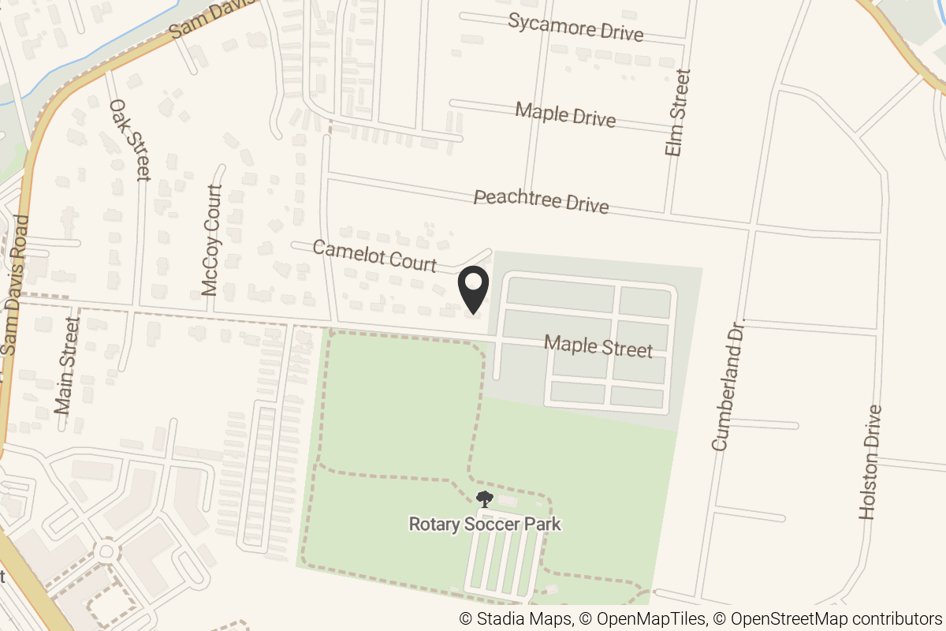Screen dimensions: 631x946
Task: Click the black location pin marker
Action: (474, 289)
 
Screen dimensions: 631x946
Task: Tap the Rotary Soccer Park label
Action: (485, 524)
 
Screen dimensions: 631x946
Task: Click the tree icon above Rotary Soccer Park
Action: (484, 498)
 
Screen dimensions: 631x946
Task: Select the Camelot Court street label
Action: (374, 256)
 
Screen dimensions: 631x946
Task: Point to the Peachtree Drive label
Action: (541, 200)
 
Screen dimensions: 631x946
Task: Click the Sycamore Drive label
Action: (575, 27)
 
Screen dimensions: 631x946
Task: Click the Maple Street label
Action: (598, 346)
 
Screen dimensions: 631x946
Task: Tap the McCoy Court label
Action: (212, 241)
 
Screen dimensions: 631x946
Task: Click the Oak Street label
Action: (130, 140)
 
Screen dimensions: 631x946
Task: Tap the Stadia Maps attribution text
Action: (516, 619)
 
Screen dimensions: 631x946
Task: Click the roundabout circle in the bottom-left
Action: (106, 549)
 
